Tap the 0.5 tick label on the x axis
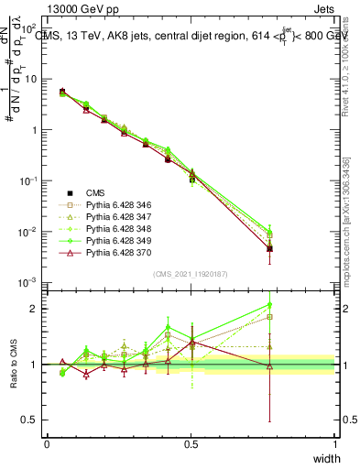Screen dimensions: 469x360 tap(191, 444)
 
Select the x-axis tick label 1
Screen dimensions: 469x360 tap(335, 444)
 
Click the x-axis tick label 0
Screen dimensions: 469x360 tap(47, 444)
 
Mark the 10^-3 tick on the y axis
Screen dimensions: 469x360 tap(27, 283)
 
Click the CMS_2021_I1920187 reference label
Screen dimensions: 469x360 tap(190, 274)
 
